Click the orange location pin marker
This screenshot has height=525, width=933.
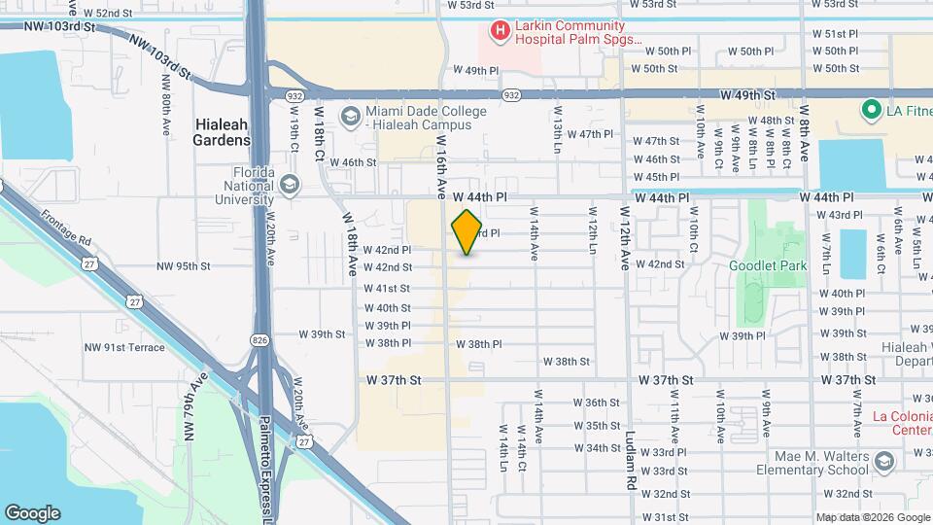(x=467, y=232)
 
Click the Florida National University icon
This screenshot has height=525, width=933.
(x=289, y=184)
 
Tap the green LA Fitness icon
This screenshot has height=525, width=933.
(x=871, y=110)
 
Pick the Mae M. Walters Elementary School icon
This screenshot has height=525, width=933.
(x=883, y=461)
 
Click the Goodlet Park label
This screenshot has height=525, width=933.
(x=768, y=265)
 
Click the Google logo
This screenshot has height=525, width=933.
(x=32, y=512)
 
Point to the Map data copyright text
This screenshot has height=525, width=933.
(x=871, y=517)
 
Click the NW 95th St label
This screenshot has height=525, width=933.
(x=184, y=265)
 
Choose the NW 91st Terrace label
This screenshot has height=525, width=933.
(x=123, y=347)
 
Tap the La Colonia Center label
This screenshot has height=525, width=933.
(x=902, y=423)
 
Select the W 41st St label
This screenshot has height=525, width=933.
(x=387, y=289)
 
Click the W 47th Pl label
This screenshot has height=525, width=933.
(x=590, y=134)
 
